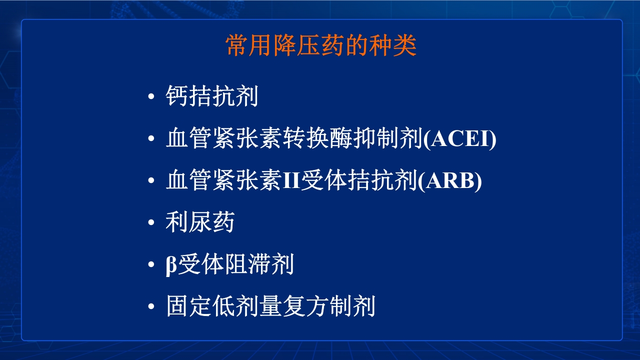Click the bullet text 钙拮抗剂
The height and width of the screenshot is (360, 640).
pyautogui.click(x=211, y=96)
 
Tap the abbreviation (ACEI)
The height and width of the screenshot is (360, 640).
pyautogui.click(x=460, y=139)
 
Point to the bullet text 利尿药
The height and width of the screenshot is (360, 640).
pyautogui.click(x=200, y=223)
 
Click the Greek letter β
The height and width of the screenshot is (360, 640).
pyautogui.click(x=171, y=265)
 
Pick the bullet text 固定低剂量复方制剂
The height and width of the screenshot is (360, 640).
pyautogui.click(x=270, y=307)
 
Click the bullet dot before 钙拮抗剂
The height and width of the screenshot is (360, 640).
pyautogui.click(x=151, y=97)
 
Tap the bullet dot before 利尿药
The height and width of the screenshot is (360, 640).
pyautogui.click(x=151, y=223)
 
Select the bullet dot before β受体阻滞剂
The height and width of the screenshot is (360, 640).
pyautogui.click(x=151, y=265)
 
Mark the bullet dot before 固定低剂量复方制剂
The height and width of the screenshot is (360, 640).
pyautogui.click(x=151, y=307)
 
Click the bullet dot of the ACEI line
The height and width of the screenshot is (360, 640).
pyautogui.click(x=151, y=139)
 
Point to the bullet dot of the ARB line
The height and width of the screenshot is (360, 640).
pyautogui.click(x=151, y=181)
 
